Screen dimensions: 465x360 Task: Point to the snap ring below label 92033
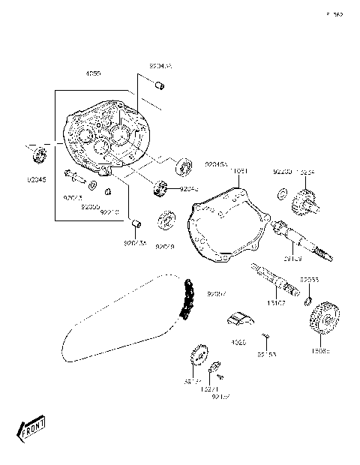[307, 302]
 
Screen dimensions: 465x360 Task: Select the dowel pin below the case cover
[136, 223]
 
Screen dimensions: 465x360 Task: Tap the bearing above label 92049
[166, 223]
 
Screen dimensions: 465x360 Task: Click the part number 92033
[309, 280]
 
